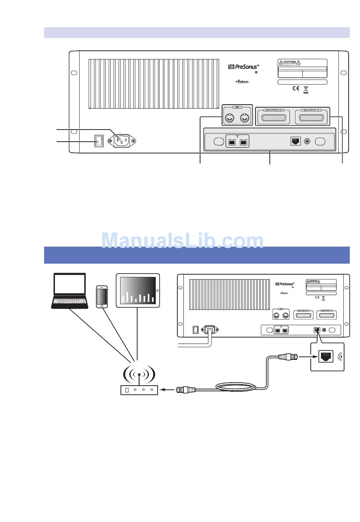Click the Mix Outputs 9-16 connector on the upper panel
coord(274,117)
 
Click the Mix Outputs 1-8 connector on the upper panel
coord(311,117)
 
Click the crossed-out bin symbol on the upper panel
coord(305,89)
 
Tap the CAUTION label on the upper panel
coord(290,62)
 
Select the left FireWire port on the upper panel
coord(232,142)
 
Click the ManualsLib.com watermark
coord(183,240)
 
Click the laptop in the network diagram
coord(70,290)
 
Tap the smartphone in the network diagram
coord(102,297)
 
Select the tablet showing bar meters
coord(138,290)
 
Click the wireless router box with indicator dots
coord(139,389)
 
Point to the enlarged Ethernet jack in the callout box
coord(326,356)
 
